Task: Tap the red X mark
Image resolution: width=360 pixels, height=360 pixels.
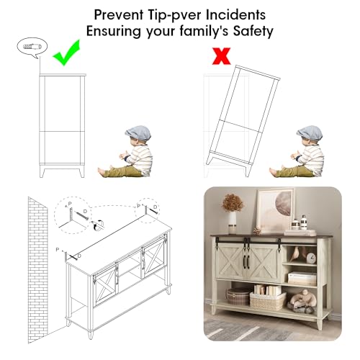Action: point(221,56)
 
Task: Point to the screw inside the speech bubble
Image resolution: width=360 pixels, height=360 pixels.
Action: point(32,46)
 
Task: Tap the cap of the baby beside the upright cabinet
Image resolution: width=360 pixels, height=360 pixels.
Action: point(138,132)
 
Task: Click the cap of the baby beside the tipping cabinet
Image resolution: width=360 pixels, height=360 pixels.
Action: point(310,132)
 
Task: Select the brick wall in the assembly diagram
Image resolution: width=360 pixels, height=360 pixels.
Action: point(37,269)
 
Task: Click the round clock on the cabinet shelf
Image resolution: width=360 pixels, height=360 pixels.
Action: point(311,258)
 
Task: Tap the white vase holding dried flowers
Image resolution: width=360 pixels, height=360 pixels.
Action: point(232,221)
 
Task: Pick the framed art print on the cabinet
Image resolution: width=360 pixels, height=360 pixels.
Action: point(275,210)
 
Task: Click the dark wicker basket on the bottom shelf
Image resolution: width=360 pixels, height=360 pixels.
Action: point(238,296)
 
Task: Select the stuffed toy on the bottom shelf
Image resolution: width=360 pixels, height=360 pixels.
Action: point(302,301)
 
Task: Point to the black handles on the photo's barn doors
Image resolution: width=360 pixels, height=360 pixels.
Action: point(247,262)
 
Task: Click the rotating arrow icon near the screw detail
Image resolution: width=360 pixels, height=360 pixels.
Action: point(99,225)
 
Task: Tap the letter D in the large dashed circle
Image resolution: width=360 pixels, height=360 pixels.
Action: point(85,211)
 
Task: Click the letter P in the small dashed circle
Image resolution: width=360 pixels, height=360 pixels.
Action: point(138,206)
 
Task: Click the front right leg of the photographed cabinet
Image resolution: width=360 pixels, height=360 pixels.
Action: point(320,323)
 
